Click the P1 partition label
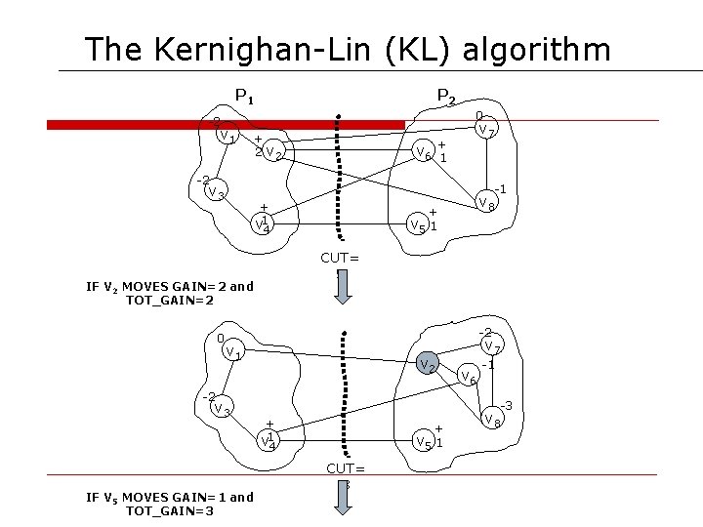(245, 97)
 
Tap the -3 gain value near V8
(507, 405)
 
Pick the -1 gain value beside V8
(499, 187)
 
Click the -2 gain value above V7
(485, 332)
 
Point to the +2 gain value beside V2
(258, 145)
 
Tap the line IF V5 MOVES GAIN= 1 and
(170, 497)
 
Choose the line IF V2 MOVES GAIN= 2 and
(170, 286)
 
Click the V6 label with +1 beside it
(423, 153)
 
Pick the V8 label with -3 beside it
(490, 421)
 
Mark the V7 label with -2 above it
(492, 346)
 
